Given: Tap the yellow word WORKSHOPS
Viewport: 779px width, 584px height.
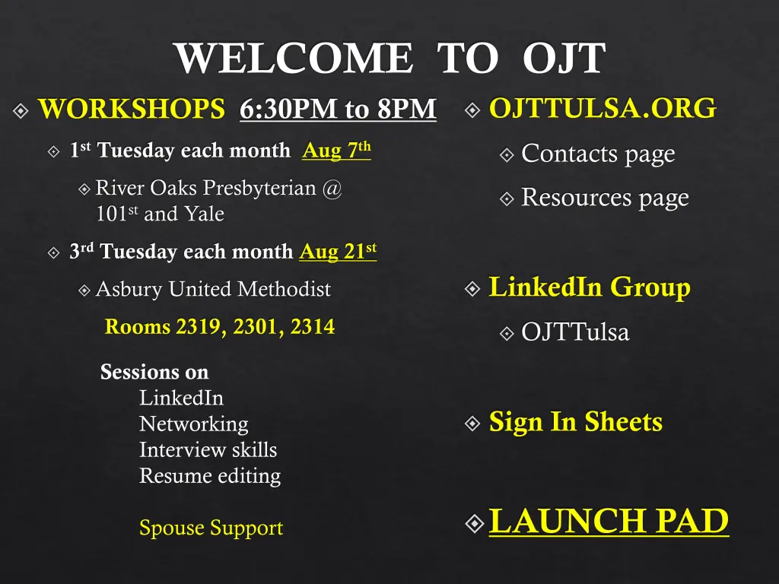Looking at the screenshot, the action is [x=132, y=109].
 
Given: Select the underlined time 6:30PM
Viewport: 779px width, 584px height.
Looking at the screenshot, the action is [x=288, y=109].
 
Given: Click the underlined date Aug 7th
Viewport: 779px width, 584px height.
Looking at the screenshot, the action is [x=336, y=150].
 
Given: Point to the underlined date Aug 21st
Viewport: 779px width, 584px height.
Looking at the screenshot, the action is [x=338, y=251].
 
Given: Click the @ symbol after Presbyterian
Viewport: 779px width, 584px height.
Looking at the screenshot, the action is [x=332, y=189].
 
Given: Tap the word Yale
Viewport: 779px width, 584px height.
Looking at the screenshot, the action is [x=204, y=214].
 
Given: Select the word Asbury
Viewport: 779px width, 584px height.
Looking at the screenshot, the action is [x=129, y=290].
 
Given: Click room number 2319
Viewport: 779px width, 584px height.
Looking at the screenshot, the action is [x=199, y=327].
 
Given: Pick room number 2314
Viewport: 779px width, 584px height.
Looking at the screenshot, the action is [x=313, y=327].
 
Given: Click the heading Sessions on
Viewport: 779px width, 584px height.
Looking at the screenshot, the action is [x=154, y=372].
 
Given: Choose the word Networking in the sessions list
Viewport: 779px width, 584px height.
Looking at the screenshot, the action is [x=194, y=424].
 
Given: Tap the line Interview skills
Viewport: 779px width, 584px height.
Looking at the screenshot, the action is [x=208, y=450].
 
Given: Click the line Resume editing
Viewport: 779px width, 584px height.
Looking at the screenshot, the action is [x=210, y=476].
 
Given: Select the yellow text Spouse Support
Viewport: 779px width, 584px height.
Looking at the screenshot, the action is [x=211, y=528].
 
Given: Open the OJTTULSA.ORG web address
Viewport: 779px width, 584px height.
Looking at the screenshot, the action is [x=603, y=108].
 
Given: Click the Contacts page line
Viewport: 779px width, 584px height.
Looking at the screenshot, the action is [x=598, y=154].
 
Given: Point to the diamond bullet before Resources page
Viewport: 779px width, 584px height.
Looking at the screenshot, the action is [x=507, y=199].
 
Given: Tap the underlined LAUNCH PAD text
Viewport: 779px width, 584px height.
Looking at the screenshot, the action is [x=609, y=521].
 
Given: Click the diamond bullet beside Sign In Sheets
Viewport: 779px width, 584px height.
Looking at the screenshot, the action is [x=472, y=424].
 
